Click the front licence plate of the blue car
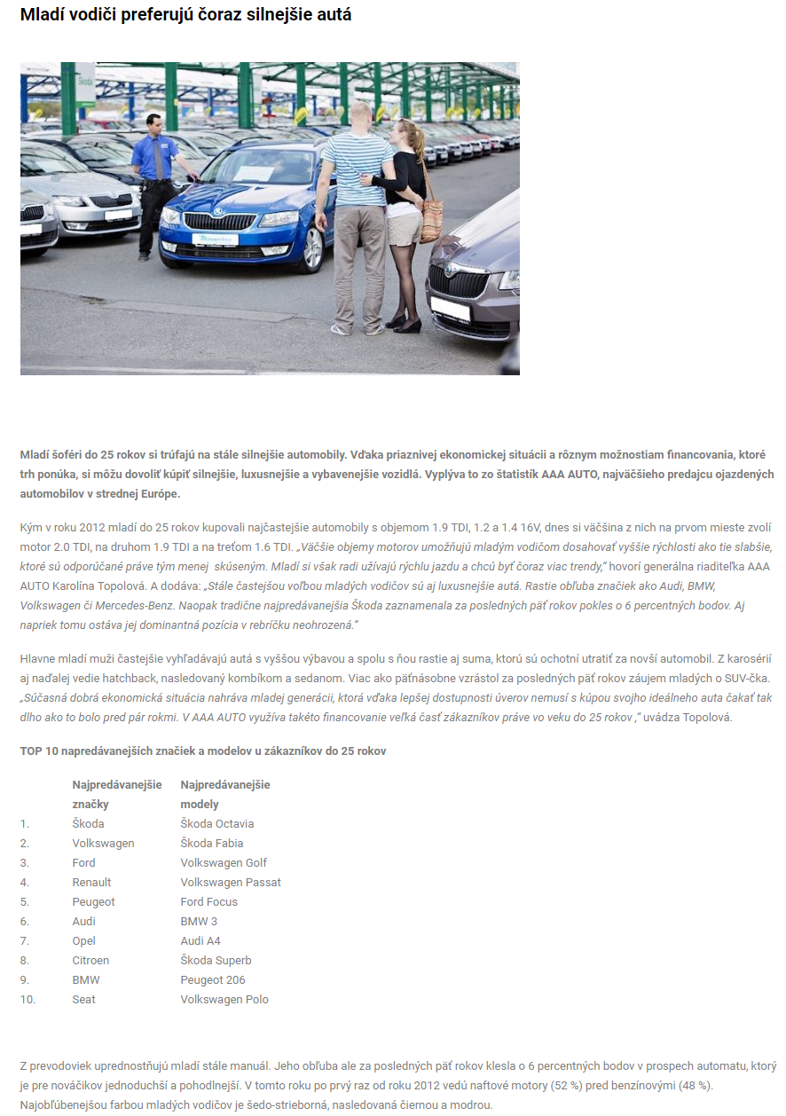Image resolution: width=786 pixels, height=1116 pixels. click(x=216, y=240)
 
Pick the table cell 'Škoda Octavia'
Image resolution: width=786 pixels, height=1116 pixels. click(x=216, y=823)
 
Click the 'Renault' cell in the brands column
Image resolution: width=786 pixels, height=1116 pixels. click(x=91, y=882)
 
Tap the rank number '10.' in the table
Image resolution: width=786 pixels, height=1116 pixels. click(x=28, y=999)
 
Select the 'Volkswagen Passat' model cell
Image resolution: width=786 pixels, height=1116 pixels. click(x=231, y=882)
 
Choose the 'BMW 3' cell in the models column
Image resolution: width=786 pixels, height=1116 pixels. click(x=200, y=921)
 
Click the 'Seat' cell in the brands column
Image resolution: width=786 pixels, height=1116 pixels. click(x=83, y=999)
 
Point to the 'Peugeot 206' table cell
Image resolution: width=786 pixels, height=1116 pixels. click(x=213, y=979)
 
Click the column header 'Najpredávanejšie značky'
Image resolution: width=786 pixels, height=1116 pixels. click(x=117, y=794)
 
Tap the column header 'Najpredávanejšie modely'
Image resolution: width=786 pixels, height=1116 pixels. click(x=225, y=794)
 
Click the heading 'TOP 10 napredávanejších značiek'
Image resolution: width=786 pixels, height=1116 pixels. click(x=202, y=751)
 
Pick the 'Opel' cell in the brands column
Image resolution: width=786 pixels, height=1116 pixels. click(x=83, y=940)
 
